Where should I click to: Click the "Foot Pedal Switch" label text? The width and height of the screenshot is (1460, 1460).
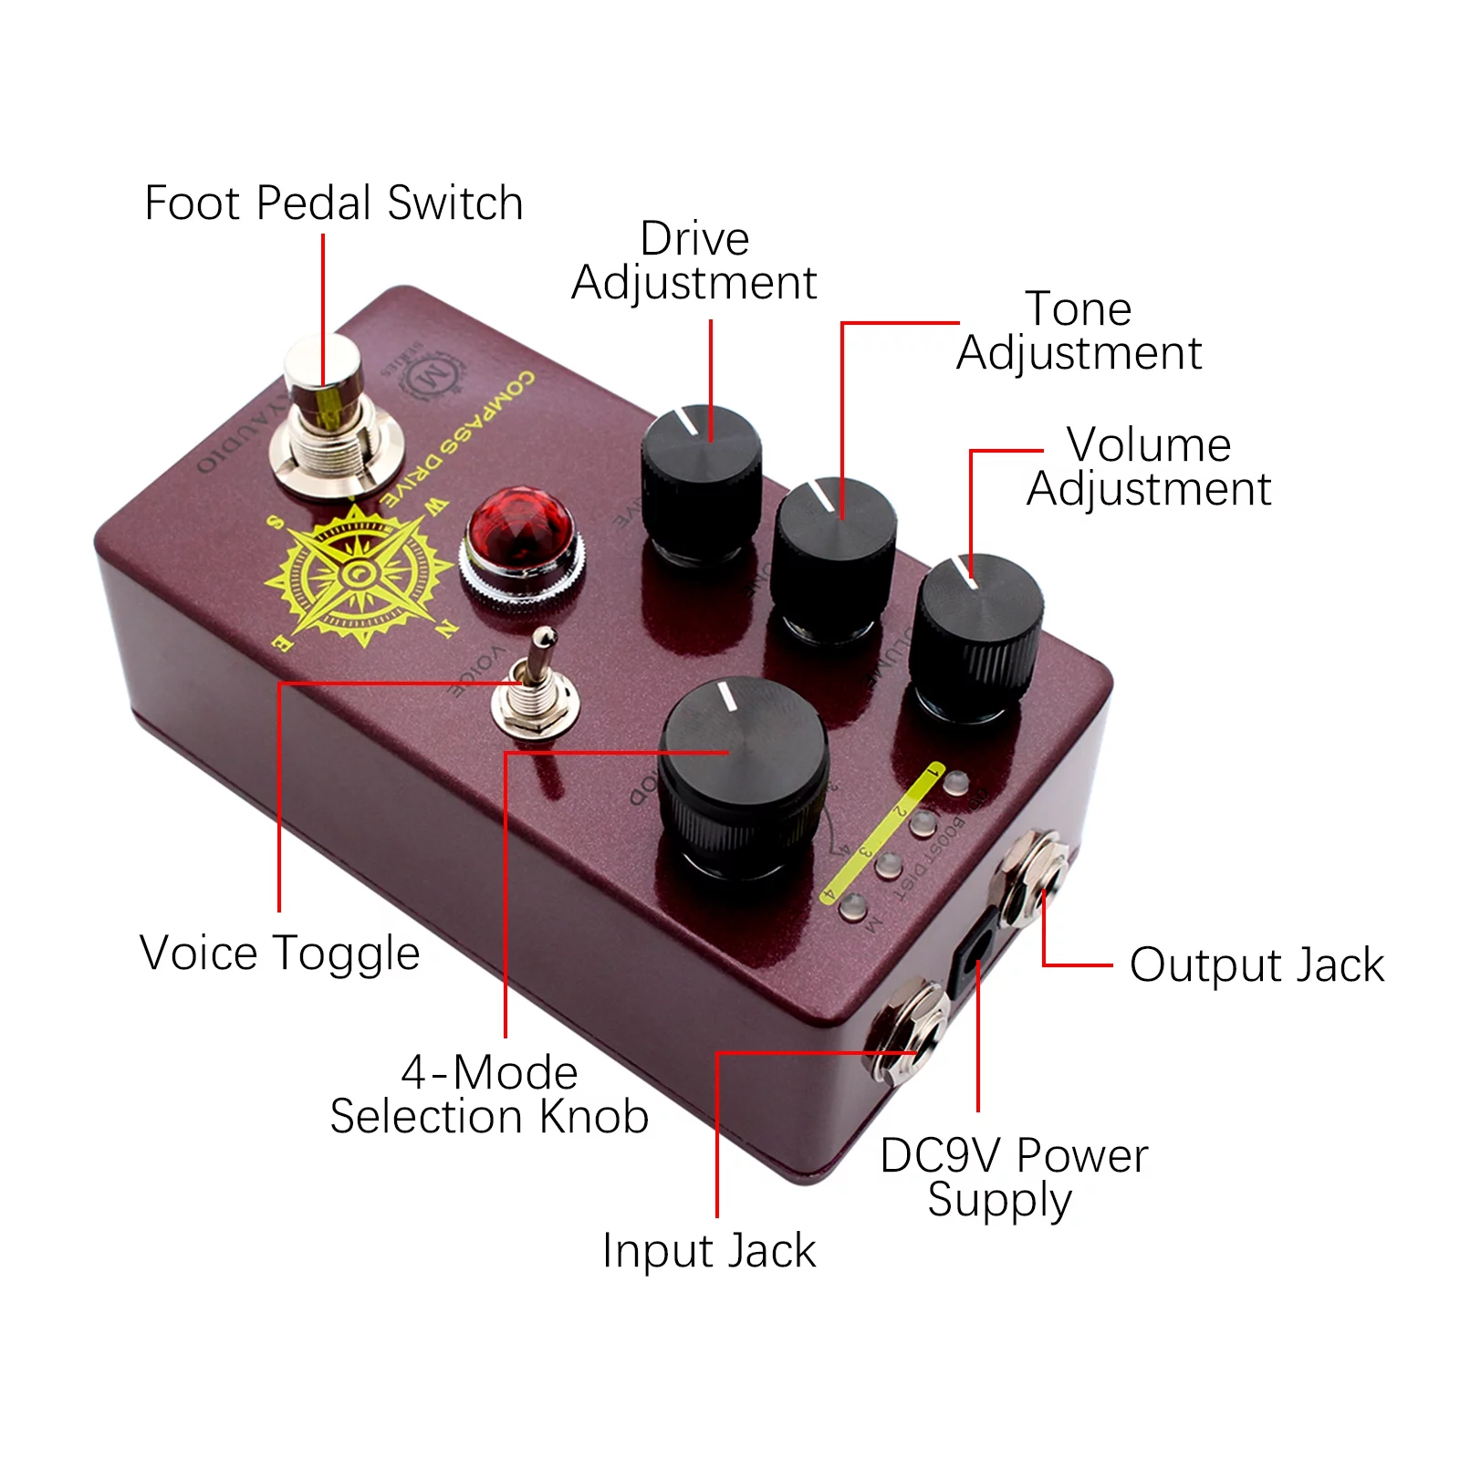[x=334, y=203]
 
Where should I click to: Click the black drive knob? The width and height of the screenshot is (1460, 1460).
[x=701, y=479]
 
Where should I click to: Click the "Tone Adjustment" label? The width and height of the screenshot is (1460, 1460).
[x=1079, y=330]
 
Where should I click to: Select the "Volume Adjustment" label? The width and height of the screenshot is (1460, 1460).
[x=1149, y=466]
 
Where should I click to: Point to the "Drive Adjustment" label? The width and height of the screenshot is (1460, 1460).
[x=694, y=260]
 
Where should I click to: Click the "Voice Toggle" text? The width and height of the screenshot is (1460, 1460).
[x=280, y=954]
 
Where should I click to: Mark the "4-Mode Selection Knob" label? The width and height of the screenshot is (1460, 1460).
[x=490, y=1094]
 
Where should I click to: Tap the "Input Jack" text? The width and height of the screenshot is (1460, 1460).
[x=709, y=1250]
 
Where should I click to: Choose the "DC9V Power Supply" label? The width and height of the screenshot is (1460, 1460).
[x=1013, y=1177]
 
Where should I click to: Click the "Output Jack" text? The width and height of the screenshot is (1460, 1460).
[x=1257, y=965]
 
